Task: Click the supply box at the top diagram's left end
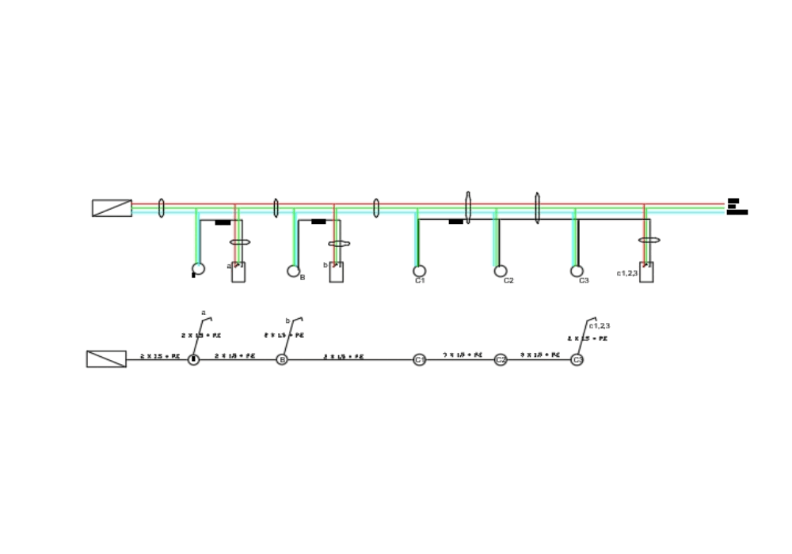[x=112, y=208]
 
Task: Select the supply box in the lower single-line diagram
[x=106, y=359]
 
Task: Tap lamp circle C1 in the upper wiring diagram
[x=420, y=271]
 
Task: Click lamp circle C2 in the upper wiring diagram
[x=501, y=271]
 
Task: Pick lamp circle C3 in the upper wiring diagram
[x=577, y=271]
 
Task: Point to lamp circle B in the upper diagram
[x=293, y=271]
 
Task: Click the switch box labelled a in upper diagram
[x=238, y=272]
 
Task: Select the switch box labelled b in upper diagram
[x=337, y=272]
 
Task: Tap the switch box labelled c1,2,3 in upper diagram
[x=646, y=272]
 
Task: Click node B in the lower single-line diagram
[x=282, y=359]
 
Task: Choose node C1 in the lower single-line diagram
[x=420, y=360]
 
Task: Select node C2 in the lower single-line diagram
[x=501, y=360]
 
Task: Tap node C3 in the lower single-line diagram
[x=577, y=360]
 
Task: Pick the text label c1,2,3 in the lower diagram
[x=600, y=325]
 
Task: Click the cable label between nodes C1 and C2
[x=463, y=355]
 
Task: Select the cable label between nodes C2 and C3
[x=539, y=355]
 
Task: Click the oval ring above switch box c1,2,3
[x=649, y=240]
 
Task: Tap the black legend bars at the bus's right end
[x=736, y=207]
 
